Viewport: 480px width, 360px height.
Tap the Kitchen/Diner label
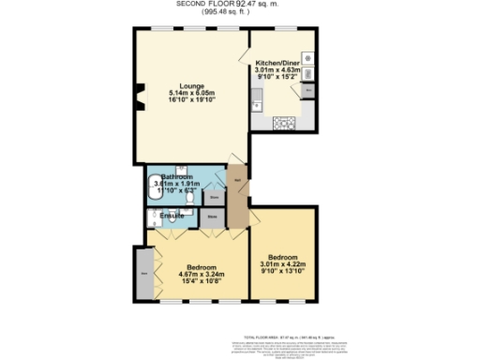pyautogui.click(x=279, y=63)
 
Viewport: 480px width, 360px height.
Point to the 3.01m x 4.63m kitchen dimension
pyautogui.click(x=277, y=70)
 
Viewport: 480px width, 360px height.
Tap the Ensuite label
pyautogui.click(x=172, y=217)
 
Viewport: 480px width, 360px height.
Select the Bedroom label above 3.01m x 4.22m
pyautogui.click(x=282, y=257)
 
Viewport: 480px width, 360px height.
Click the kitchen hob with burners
pyautogui.click(x=282, y=123)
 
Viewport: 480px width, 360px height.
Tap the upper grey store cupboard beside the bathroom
pyautogui.click(x=215, y=198)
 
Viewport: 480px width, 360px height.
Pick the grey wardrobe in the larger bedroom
pyautogui.click(x=143, y=274)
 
